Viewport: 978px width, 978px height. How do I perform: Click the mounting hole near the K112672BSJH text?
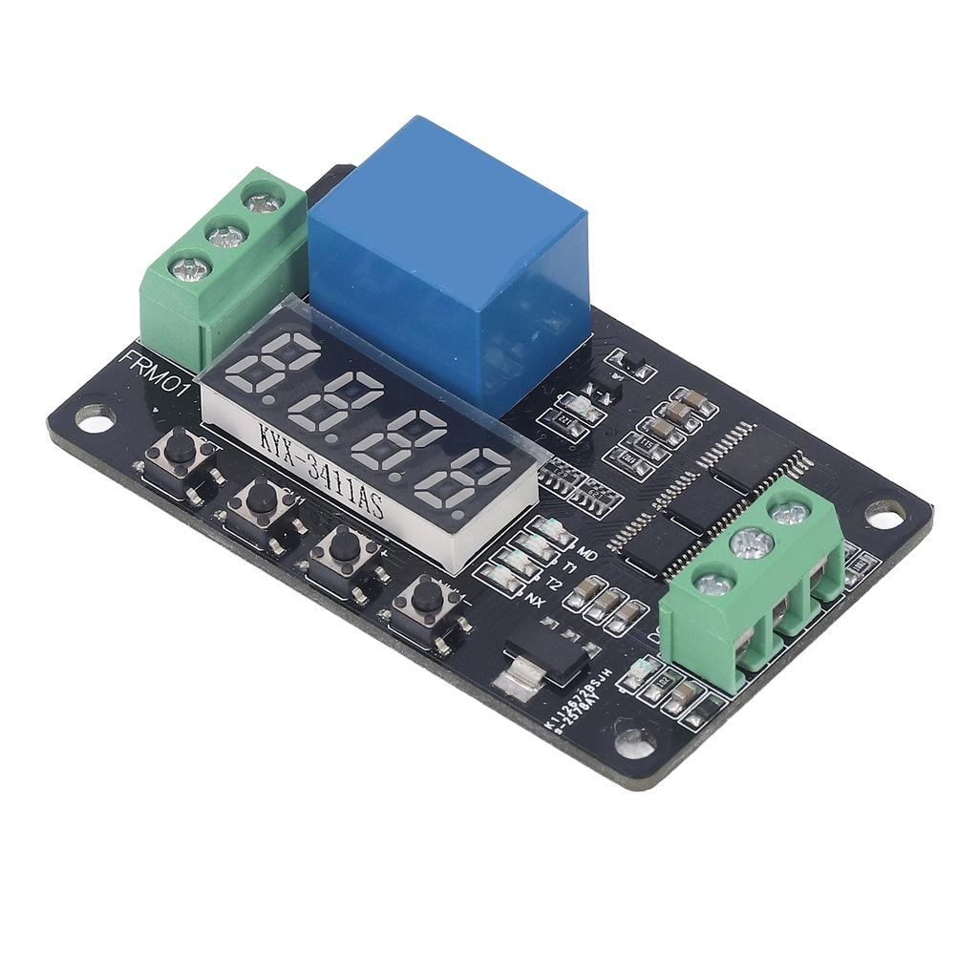coord(634,737)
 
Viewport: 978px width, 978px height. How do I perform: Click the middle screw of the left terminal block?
coord(226,235)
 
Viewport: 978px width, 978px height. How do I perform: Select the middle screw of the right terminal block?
coord(751,544)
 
